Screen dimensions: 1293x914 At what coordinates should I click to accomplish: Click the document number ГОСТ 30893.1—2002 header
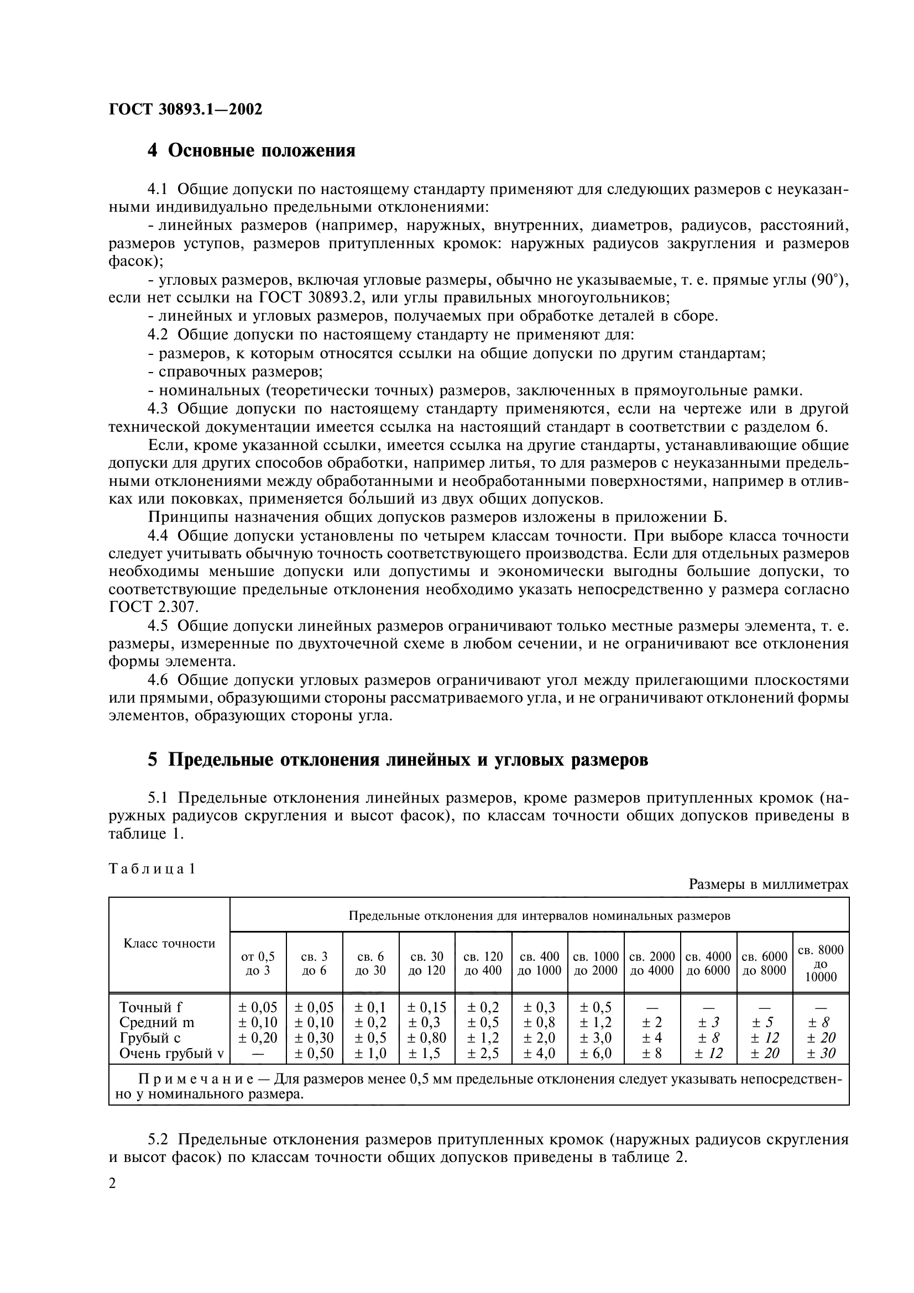185,109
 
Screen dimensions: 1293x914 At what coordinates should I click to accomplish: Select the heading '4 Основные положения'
251,151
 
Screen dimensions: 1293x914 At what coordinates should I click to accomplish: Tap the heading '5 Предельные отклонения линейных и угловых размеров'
398,760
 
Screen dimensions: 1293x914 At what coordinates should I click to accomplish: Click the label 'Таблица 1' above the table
152,869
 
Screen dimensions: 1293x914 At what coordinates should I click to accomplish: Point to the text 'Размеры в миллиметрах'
769,884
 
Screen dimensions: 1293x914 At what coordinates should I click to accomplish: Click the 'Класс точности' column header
170,943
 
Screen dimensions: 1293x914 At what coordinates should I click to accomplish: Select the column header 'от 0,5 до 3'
258,963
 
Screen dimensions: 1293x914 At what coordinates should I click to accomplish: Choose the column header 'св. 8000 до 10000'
821,963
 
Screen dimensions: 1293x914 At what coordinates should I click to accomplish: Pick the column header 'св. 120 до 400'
483,963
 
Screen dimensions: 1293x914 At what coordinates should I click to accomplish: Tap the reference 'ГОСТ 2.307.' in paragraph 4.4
154,607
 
